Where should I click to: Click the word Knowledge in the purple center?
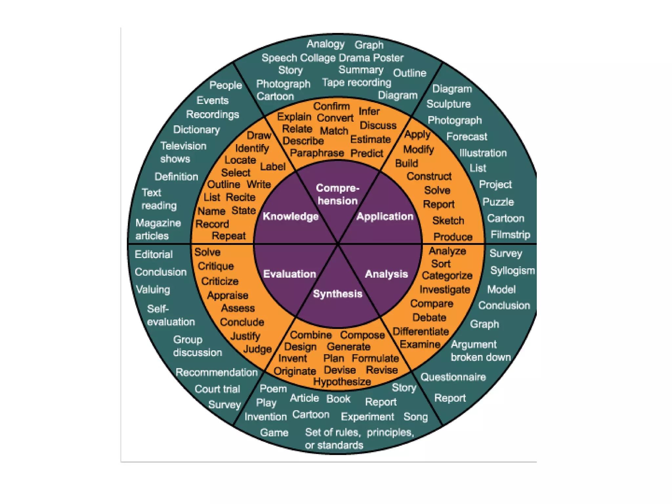coord(291,216)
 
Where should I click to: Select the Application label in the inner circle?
coord(385,216)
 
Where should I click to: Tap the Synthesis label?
coord(338,294)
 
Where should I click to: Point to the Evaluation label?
coord(289,274)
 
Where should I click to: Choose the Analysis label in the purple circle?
coord(387,274)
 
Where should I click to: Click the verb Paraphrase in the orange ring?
coord(317,153)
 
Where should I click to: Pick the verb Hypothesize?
coord(342,382)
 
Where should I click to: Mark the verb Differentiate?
coord(421,331)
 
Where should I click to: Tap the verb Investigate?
coord(445,289)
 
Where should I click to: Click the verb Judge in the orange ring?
coord(258,349)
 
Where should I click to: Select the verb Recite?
coord(241,197)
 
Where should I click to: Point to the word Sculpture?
coord(449,104)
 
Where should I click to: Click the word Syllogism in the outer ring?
coord(513,270)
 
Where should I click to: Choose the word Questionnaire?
coord(453,377)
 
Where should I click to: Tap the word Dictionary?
coord(197,130)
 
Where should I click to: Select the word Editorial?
coord(154,254)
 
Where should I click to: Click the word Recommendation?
coord(217,372)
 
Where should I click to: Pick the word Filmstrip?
coord(510,235)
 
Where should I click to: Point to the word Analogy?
coord(325,44)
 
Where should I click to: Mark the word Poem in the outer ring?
coord(273,389)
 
